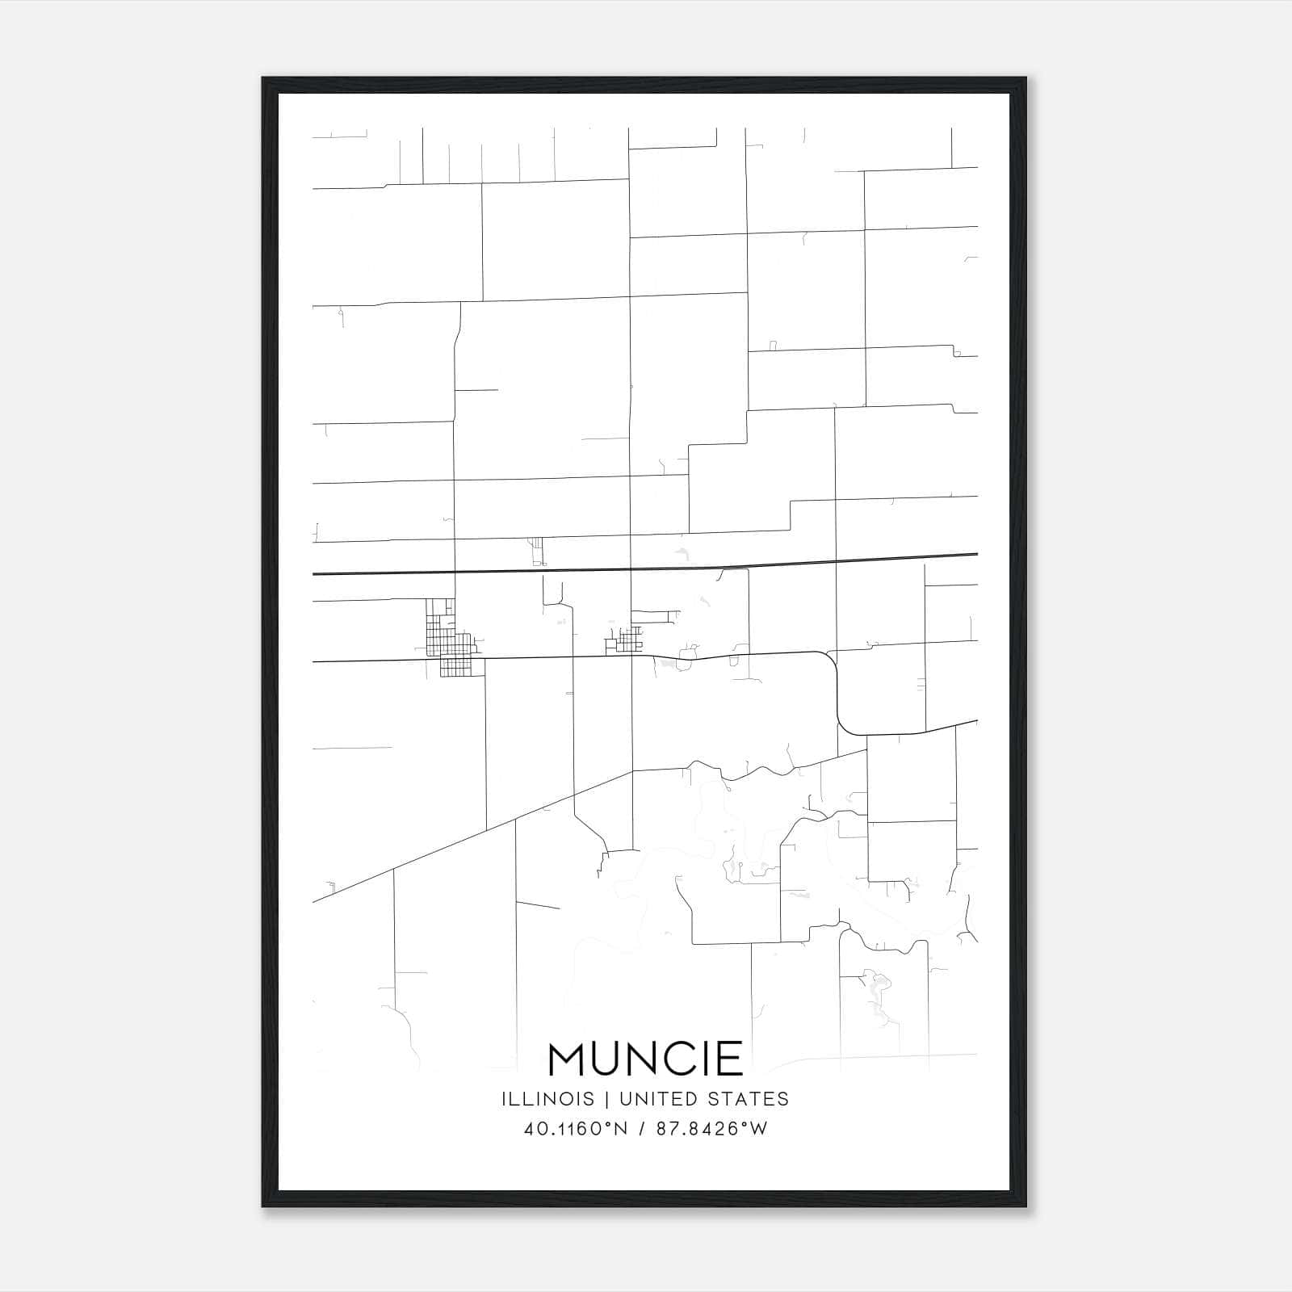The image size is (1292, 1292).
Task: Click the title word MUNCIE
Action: coord(645,1059)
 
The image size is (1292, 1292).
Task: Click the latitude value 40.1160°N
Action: coord(576,1129)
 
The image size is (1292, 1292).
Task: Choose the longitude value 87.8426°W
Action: coord(711,1129)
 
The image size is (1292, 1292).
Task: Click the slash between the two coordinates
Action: coord(642,1129)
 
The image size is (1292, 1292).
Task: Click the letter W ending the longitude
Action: coord(759,1129)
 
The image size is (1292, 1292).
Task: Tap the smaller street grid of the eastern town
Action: coord(627,641)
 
